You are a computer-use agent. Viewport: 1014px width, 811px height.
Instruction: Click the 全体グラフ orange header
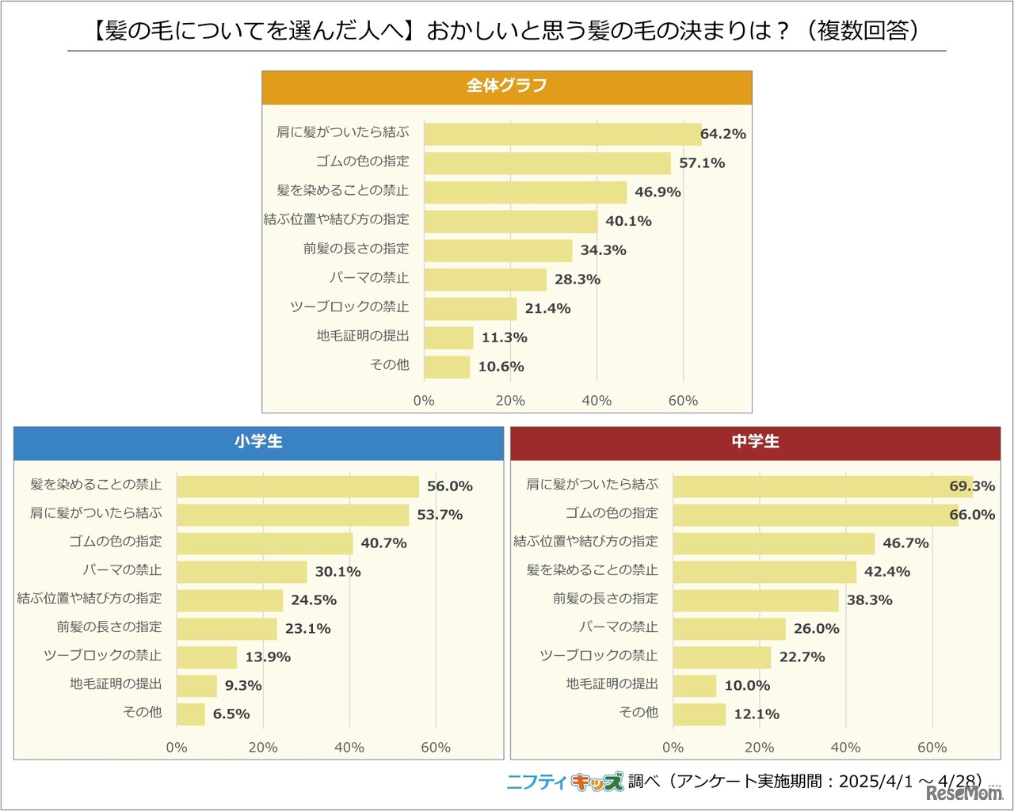tap(507, 86)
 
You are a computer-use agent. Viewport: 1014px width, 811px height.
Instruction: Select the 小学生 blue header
tap(258, 443)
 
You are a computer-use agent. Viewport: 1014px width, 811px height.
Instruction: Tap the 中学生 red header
tap(755, 443)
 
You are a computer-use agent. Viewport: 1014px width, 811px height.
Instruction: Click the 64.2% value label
tap(723, 134)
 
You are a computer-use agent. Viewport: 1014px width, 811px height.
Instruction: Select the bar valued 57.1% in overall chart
tap(547, 163)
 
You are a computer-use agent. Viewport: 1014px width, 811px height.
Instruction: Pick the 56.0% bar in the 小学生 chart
tap(298, 486)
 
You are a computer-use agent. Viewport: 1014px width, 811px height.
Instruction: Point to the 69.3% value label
tap(972, 486)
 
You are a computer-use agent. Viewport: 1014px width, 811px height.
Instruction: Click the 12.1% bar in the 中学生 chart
tap(700, 714)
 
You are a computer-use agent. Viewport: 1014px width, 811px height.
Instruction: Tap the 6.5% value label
tap(231, 714)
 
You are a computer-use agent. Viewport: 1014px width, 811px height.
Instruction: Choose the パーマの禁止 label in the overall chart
tap(369, 278)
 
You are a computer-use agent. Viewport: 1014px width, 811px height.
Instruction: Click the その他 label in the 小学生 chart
tap(143, 712)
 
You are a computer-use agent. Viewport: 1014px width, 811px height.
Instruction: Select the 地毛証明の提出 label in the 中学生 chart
tap(612, 683)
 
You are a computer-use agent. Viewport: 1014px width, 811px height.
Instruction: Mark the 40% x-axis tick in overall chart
tap(597, 401)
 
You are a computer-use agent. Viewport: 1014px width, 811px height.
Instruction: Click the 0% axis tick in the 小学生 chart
tap(177, 748)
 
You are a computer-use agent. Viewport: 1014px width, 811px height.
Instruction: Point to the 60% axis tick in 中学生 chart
tap(932, 748)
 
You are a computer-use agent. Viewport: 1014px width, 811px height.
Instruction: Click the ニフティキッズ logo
tap(565, 782)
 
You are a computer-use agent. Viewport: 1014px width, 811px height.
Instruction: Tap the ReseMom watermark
tap(964, 793)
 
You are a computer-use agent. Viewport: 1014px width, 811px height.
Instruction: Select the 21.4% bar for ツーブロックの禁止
tap(471, 309)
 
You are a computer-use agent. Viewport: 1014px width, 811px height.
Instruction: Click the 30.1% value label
tap(338, 572)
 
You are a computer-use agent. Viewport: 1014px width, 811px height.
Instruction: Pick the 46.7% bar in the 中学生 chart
tap(774, 543)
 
